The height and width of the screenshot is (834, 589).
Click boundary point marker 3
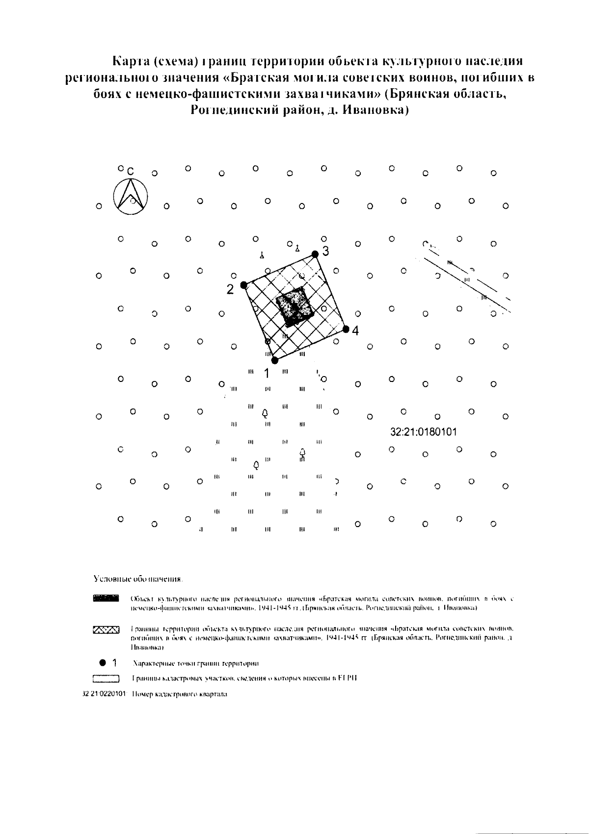coord(315,253)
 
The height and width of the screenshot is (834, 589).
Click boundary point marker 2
coord(243,285)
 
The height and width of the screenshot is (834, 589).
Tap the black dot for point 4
coord(346,329)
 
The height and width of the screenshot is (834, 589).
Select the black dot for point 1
coord(274,360)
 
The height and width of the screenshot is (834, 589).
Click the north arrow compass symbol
coord(131,197)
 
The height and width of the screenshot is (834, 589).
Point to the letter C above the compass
coord(131,172)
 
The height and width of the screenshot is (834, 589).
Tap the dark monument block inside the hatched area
coord(294,307)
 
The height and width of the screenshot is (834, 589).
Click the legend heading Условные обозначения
coord(138,579)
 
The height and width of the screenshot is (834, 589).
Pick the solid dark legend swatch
coord(106,598)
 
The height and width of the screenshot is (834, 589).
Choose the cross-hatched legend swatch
coord(106,629)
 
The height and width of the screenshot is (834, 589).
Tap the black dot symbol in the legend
coord(102,663)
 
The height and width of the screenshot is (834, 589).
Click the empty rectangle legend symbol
coord(106,679)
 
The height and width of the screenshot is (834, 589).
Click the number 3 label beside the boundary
coord(325,251)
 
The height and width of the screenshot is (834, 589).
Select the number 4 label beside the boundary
coord(355,331)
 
